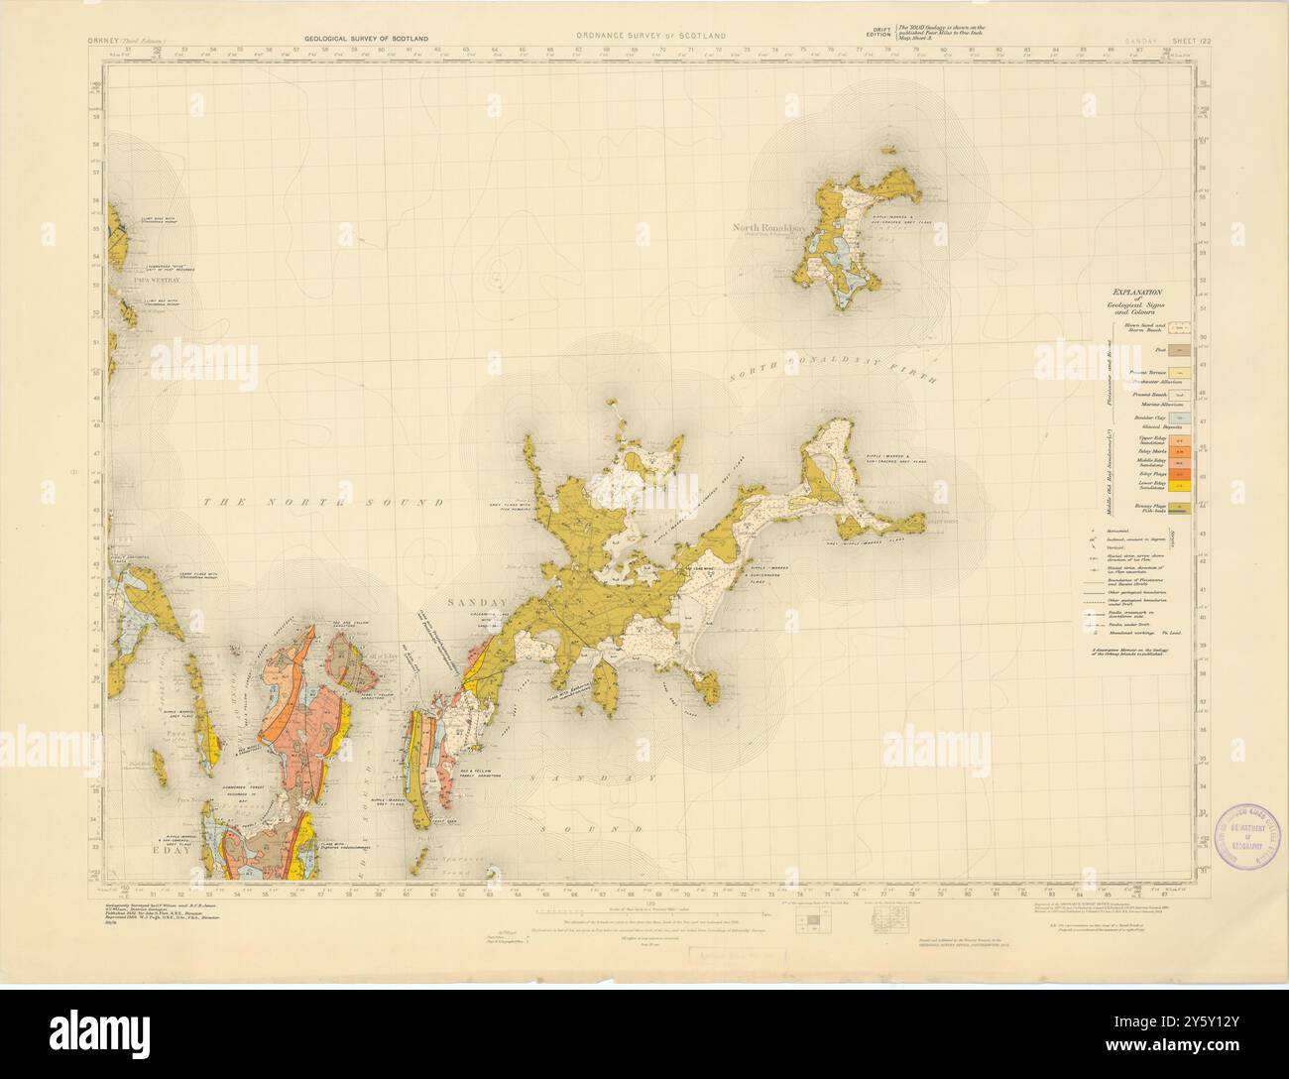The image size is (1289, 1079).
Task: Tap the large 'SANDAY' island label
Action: [x=478, y=602]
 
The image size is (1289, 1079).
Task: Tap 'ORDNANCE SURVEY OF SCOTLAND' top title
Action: [x=649, y=37]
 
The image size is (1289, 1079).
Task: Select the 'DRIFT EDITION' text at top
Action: [x=878, y=32]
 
